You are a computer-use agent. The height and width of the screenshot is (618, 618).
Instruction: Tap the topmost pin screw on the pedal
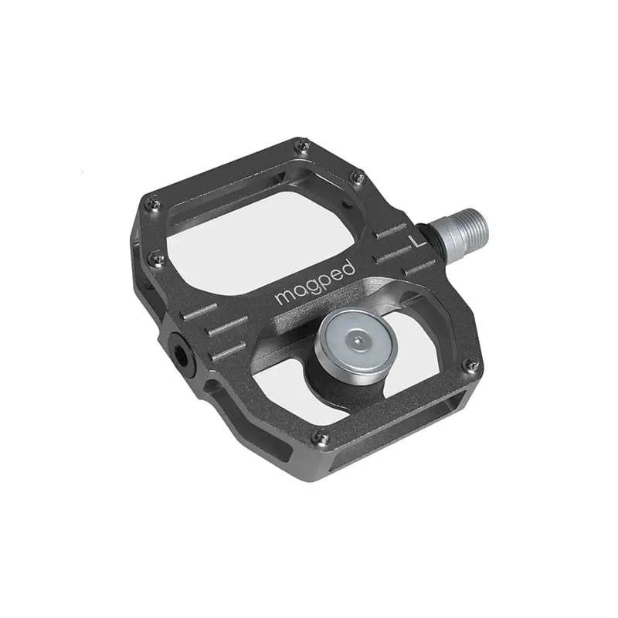click(302, 145)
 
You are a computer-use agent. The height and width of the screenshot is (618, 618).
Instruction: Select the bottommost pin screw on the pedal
click(320, 437)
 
